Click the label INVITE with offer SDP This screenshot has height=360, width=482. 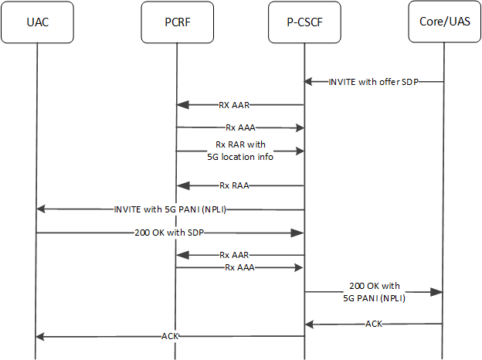373,81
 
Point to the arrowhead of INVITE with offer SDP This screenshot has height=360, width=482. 308,81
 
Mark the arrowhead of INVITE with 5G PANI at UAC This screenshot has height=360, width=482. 41,209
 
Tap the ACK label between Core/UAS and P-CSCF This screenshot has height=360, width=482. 373,324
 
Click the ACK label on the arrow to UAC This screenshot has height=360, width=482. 171,336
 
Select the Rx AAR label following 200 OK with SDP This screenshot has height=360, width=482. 234,254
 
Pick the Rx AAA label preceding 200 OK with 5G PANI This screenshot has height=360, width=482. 239,267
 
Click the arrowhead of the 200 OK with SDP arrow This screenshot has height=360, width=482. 299,232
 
